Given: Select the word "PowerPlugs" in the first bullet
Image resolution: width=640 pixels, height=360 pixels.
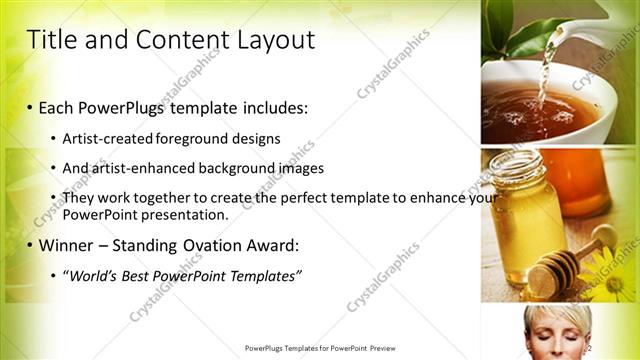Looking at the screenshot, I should click(x=133, y=107).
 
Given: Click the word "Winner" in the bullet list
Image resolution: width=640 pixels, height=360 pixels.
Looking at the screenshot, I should click(x=71, y=244).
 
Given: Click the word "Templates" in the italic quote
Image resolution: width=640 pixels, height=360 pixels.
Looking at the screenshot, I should click(x=260, y=275).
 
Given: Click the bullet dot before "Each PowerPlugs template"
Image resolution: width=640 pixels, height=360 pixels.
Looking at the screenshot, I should click(x=30, y=108).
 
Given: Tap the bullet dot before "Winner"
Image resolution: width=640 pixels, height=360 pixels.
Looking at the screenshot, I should click(x=30, y=245).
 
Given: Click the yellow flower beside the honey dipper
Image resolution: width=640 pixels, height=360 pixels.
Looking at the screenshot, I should click(x=612, y=270).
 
